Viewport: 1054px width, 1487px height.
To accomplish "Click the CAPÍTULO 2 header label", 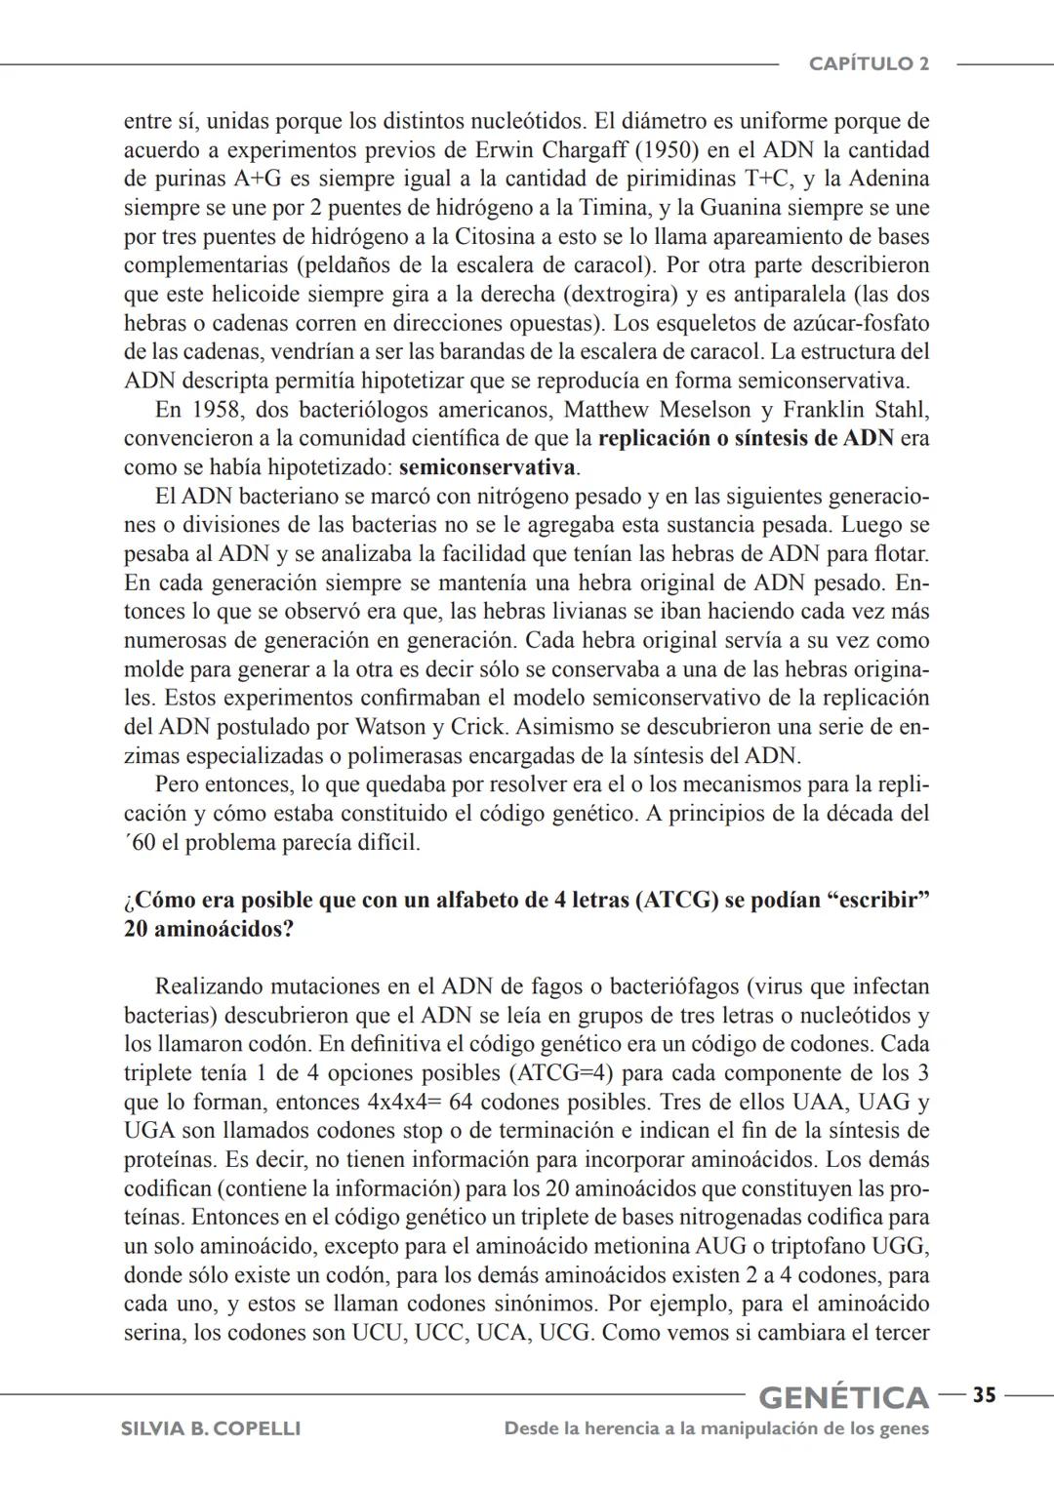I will tap(869, 64).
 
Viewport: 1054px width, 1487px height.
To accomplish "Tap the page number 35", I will tap(984, 1395).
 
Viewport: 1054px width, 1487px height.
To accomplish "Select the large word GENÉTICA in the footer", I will tap(843, 1397).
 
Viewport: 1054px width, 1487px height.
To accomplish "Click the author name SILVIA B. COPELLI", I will tap(210, 1428).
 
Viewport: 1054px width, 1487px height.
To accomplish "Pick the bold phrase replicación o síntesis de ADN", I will tap(746, 438).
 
